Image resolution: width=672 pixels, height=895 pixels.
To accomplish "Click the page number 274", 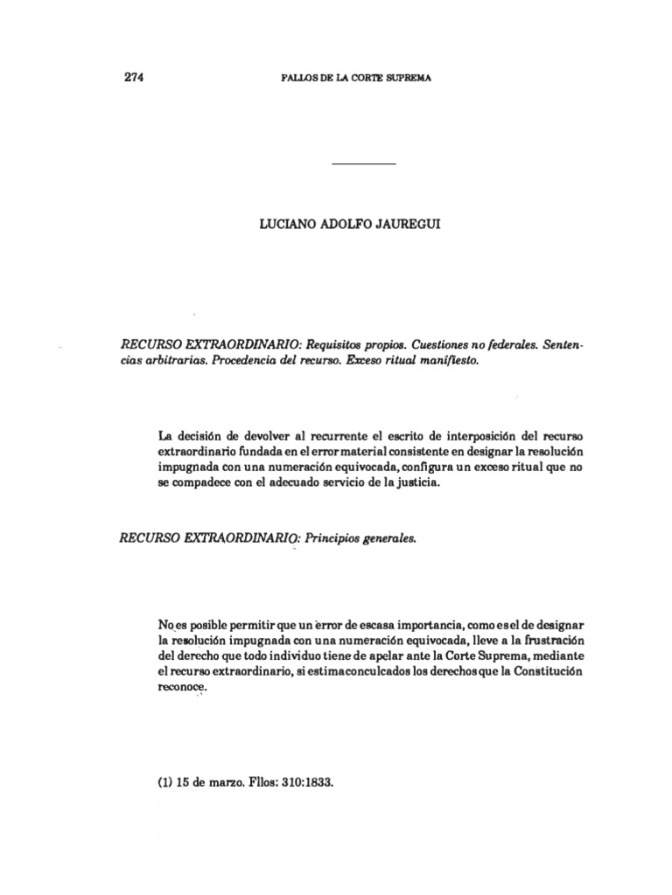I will (x=133, y=77).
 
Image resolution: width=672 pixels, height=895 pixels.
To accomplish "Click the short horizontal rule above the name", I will (x=365, y=164).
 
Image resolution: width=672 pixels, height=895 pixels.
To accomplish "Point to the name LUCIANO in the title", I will (x=285, y=224).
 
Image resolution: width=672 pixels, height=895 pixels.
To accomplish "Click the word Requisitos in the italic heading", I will (x=337, y=346).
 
